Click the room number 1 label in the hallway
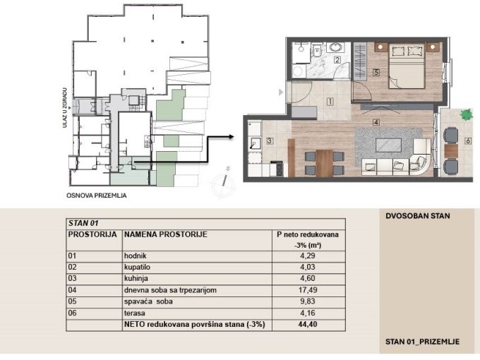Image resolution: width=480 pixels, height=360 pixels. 330,102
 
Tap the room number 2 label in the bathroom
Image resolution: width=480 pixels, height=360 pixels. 337,60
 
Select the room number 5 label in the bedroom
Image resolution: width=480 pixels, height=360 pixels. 376,73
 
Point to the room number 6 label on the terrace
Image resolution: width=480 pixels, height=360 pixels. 468,141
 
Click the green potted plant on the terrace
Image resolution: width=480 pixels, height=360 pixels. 466,115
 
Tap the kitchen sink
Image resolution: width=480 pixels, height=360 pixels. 255,143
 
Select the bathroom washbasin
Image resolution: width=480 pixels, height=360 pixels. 335,48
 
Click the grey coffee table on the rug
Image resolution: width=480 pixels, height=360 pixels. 388,145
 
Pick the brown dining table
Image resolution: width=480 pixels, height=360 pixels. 324,163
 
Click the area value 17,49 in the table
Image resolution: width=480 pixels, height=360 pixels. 308,290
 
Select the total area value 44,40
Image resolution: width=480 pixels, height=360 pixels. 308,324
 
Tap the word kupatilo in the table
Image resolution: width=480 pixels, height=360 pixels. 137,268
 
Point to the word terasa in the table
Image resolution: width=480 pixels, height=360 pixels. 134,313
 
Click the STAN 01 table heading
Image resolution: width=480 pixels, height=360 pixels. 83,223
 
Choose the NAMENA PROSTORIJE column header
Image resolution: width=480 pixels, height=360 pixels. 166,234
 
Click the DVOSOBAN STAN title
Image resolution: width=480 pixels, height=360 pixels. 418,216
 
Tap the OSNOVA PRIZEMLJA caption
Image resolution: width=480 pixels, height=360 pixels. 97,196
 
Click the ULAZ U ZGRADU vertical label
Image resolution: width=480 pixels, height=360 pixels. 65,107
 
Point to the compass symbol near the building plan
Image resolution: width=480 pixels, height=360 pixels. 224,183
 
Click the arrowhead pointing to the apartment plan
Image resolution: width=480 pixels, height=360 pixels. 231,137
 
